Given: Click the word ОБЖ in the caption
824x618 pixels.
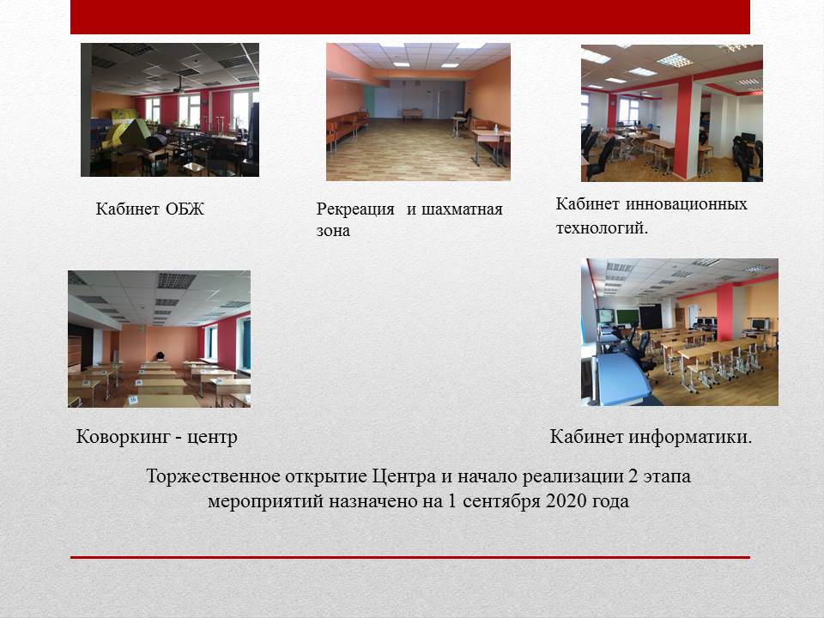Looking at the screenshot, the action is [185, 209].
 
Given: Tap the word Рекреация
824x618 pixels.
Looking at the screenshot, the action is [355, 209].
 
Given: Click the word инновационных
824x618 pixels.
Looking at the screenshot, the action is [687, 204].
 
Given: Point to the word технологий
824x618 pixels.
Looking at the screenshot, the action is [603, 228].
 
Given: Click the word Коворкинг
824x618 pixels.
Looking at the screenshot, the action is [124, 437].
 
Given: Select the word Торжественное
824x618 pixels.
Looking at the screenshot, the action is [213, 476].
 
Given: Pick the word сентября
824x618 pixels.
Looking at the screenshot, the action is [501, 501].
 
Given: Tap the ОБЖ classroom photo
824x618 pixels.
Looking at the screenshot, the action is [170, 110].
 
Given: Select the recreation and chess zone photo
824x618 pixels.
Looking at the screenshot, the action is [418, 112].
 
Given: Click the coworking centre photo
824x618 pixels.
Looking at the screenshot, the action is [160, 339].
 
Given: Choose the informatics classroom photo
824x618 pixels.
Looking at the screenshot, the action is [680, 332].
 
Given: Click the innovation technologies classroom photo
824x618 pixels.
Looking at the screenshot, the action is [671, 113].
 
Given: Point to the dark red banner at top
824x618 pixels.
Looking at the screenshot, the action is [410, 17].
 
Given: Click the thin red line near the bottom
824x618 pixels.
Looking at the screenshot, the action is [410, 557].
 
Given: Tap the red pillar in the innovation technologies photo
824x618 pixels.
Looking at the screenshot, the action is [683, 129].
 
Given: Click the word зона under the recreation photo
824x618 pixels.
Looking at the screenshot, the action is [333, 231].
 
